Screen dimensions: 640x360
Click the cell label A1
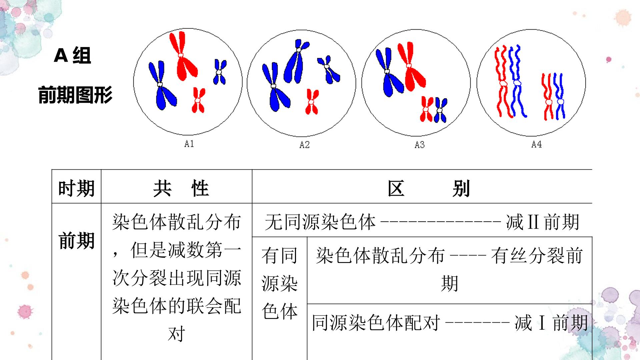click(189, 144)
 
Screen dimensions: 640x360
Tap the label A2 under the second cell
click(304, 145)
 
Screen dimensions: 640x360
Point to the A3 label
click(419, 145)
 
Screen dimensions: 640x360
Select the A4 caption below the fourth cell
click(536, 144)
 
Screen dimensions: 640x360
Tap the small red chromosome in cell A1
click(198, 100)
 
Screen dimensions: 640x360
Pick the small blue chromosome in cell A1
click(219, 72)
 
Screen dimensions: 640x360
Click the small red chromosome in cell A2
click(312, 102)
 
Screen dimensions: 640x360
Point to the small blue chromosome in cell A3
click(440, 110)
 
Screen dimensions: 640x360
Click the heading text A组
click(72, 55)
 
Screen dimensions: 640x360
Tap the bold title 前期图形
click(75, 95)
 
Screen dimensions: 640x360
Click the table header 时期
click(76, 188)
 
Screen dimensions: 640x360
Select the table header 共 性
click(181, 188)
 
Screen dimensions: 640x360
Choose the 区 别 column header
click(429, 189)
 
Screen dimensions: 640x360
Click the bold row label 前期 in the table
click(76, 241)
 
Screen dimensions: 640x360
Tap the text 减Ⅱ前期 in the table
click(543, 222)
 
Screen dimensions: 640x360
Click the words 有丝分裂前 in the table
click(537, 256)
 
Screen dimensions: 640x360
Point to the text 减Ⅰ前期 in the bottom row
click(551, 323)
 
